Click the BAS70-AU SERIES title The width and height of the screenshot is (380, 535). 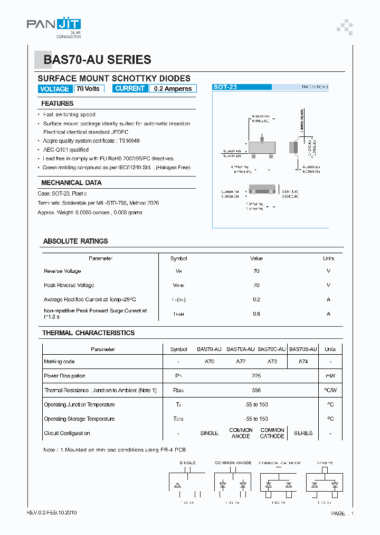(x=97, y=60)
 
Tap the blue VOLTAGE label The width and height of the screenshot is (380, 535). (x=54, y=89)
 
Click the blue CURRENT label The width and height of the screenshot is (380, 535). (x=130, y=89)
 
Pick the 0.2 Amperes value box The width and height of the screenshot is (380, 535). (x=173, y=89)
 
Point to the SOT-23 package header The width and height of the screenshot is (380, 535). (x=225, y=87)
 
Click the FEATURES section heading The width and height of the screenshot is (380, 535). (x=57, y=104)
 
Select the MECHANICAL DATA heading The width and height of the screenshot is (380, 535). (x=71, y=183)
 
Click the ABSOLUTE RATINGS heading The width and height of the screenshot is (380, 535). (x=75, y=241)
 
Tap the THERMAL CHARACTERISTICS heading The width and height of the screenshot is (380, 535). (x=88, y=333)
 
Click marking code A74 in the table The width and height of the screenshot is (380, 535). (x=303, y=362)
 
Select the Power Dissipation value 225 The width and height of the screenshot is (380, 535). (x=256, y=376)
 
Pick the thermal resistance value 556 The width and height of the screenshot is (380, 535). (x=256, y=390)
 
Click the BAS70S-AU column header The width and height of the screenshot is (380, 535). (x=303, y=349)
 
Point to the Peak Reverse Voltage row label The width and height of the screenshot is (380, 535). (x=69, y=285)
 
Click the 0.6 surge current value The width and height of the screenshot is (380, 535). (x=256, y=313)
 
